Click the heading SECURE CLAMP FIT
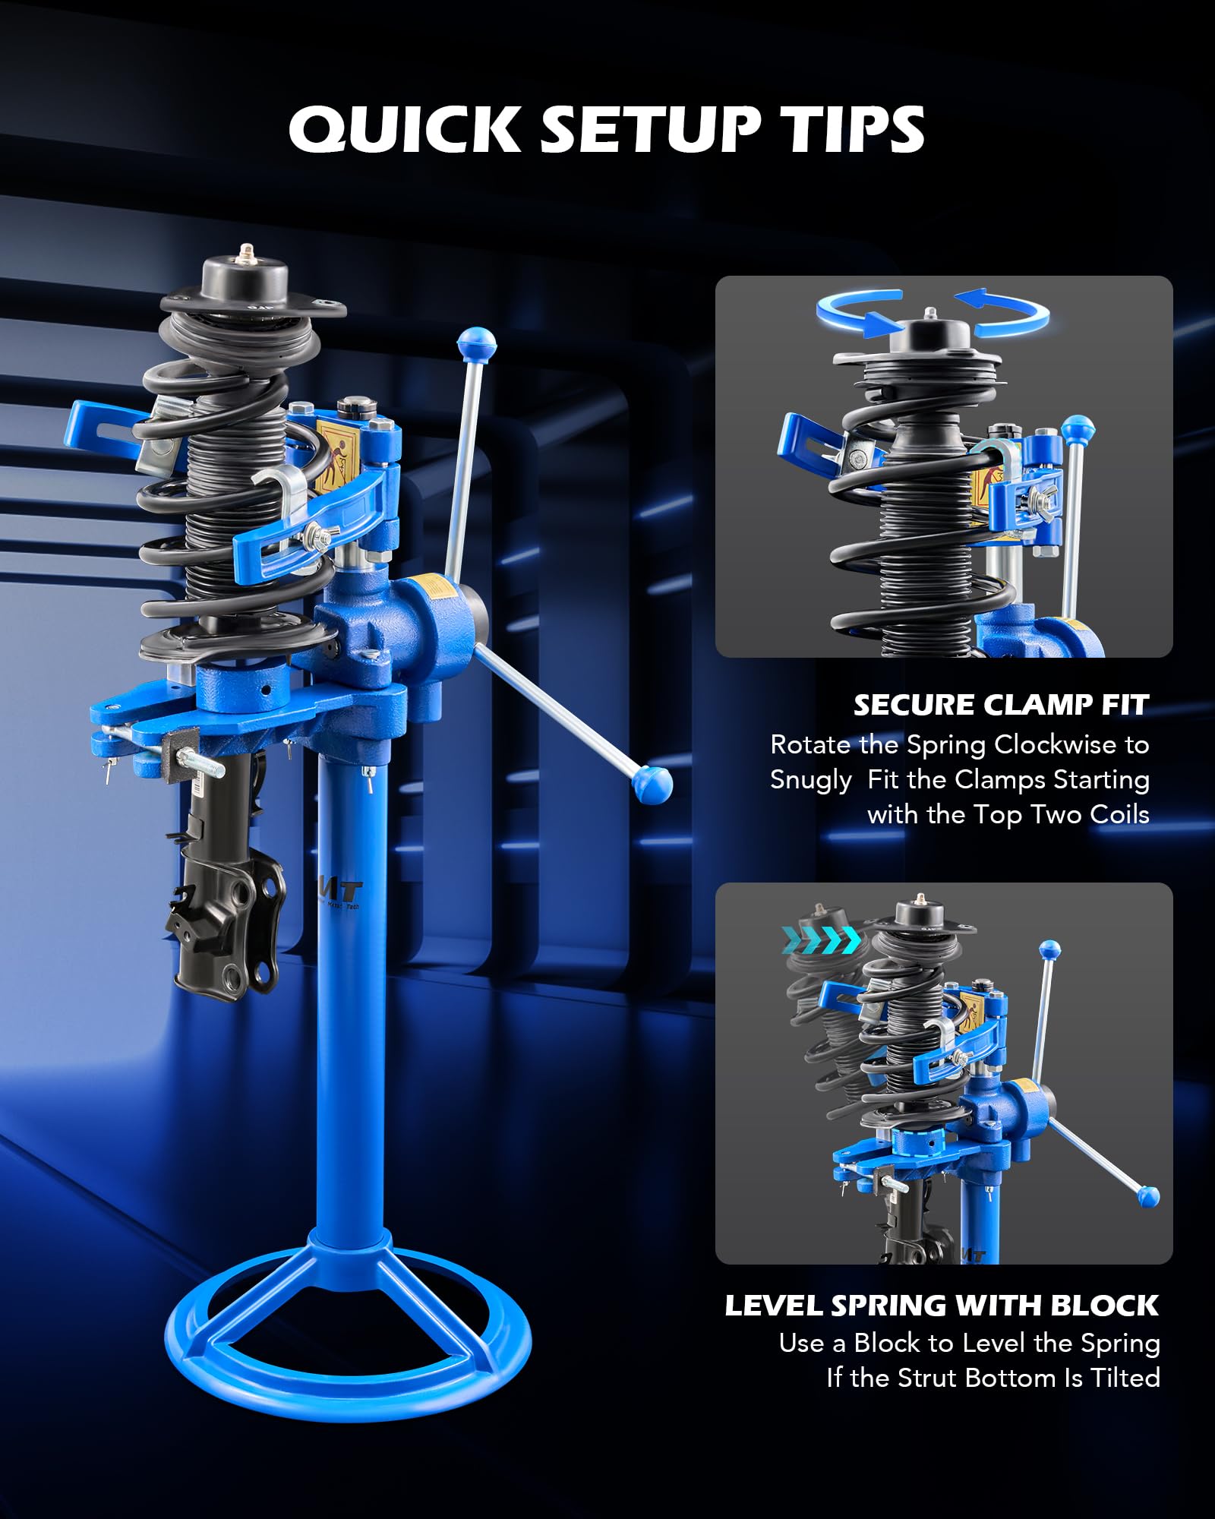click(x=1001, y=705)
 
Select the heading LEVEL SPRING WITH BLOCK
click(x=942, y=1305)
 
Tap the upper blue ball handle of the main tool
click(x=477, y=345)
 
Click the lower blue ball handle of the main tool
click(x=652, y=783)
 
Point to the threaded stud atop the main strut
click(x=245, y=253)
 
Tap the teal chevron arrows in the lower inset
click(x=822, y=940)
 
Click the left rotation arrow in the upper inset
click(x=858, y=311)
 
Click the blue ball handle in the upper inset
click(x=1078, y=429)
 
